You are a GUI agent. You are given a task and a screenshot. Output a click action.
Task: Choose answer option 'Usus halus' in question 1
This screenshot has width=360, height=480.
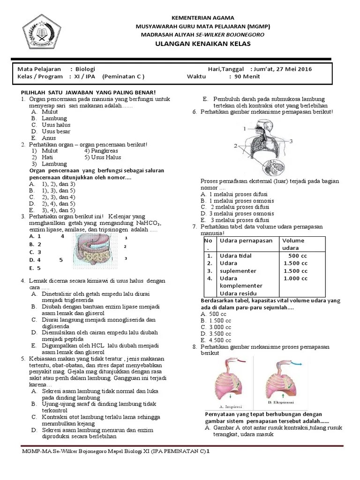(x=56, y=125)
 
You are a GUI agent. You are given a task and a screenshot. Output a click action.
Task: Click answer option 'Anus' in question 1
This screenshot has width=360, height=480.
(x=48, y=138)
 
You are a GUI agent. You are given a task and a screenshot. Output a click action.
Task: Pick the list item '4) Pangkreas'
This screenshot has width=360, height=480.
(x=101, y=151)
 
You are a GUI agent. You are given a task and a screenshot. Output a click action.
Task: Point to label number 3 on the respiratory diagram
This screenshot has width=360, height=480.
(x=291, y=140)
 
